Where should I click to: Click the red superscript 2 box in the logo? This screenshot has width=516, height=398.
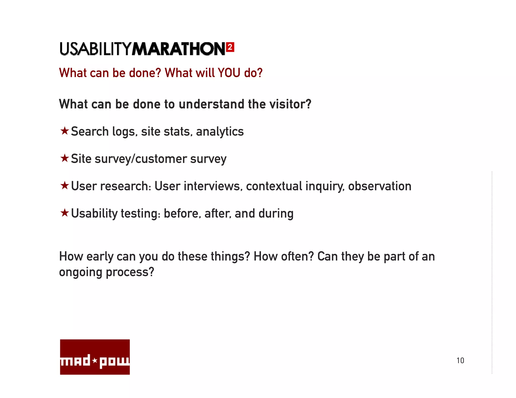tap(230, 47)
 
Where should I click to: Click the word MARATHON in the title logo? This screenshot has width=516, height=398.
tap(178, 49)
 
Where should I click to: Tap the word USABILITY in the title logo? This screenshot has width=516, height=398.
tap(95, 49)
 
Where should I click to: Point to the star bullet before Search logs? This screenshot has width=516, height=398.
tap(65, 131)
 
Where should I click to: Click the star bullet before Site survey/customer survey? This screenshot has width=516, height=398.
tap(65, 158)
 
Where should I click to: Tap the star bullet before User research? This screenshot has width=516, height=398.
tap(65, 186)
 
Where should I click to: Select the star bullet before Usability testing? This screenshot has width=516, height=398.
tap(65, 213)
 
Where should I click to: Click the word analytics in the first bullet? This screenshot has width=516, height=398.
tap(220, 132)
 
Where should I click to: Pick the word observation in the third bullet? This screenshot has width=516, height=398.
tap(379, 186)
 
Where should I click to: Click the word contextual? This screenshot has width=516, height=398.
tap(274, 186)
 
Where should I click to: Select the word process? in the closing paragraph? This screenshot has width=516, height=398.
tap(130, 272)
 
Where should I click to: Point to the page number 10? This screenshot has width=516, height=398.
tap(460, 361)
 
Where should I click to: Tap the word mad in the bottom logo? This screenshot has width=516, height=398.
tap(75, 361)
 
